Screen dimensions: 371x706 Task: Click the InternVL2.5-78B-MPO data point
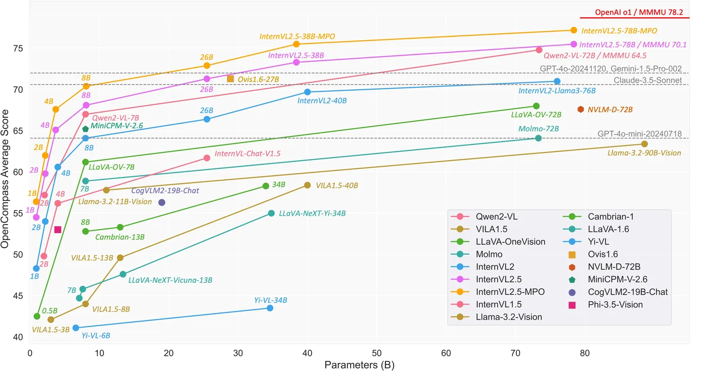point(573,30)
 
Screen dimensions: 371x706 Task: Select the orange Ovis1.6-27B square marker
point(230,78)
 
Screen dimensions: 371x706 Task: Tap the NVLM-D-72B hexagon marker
point(580,109)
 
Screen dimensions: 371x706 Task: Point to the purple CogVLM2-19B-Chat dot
point(162,202)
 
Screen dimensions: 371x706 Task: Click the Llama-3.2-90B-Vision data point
point(644,144)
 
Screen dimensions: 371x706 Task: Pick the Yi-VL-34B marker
point(270,308)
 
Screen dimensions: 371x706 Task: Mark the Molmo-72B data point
point(538,138)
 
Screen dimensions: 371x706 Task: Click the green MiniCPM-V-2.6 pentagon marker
point(86,129)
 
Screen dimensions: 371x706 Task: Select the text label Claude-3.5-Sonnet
point(648,80)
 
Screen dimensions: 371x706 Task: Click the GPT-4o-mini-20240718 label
point(639,134)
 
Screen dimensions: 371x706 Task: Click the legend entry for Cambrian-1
point(610,217)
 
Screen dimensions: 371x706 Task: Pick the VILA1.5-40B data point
point(308,185)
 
